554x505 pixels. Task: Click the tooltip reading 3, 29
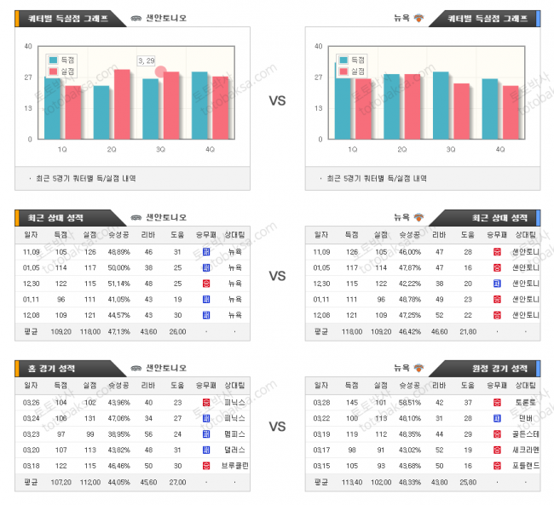(x=146, y=60)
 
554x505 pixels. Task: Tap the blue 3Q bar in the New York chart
(x=441, y=105)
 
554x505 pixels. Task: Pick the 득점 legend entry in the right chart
(x=352, y=60)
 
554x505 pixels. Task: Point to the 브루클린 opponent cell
(x=234, y=466)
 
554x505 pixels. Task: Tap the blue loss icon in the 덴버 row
(x=496, y=417)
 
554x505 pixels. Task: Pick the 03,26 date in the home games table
(x=31, y=401)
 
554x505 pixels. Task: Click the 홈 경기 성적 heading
(x=50, y=368)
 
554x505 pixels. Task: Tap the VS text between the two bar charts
(x=277, y=100)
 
